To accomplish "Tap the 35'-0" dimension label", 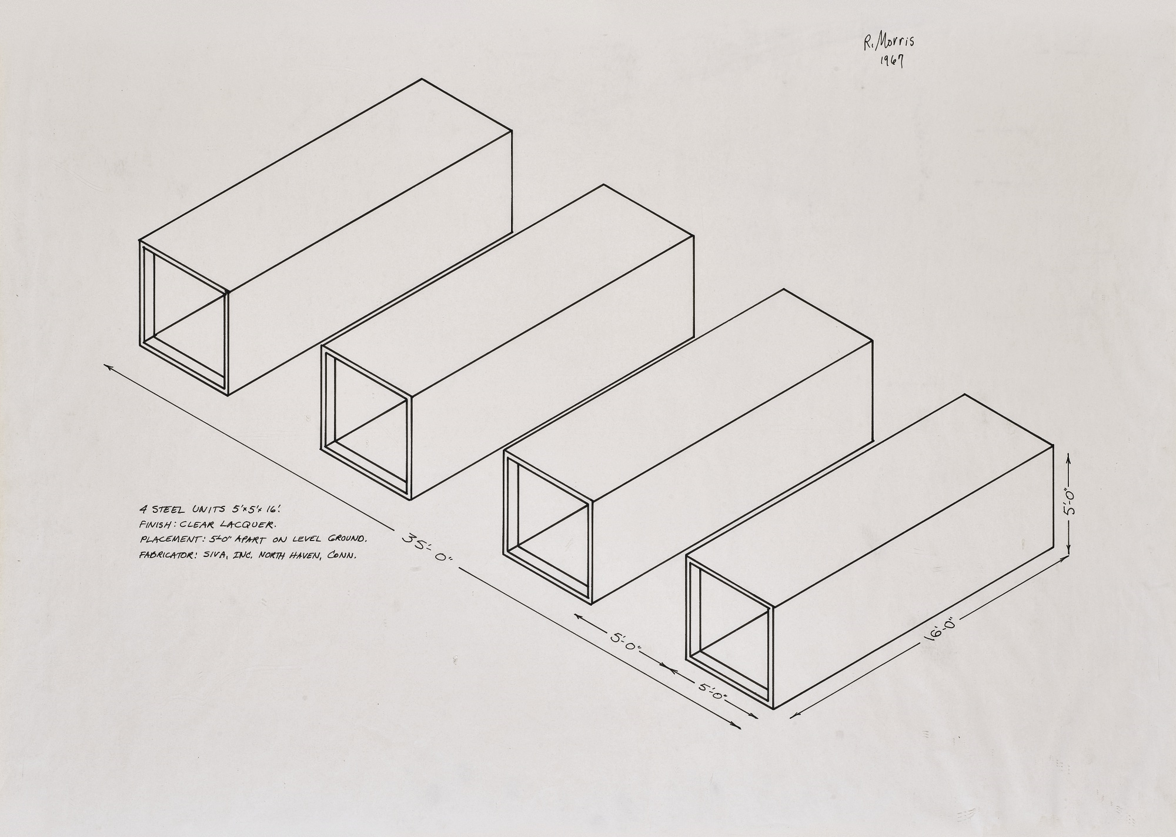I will (427, 547).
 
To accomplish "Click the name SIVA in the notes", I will (215, 554).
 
